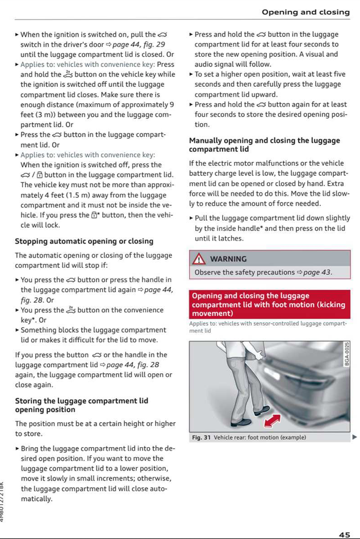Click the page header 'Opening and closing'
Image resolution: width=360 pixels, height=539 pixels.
click(x=305, y=12)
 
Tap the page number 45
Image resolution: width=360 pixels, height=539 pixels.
click(x=345, y=534)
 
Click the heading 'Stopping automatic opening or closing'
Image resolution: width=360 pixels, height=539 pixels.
click(x=84, y=241)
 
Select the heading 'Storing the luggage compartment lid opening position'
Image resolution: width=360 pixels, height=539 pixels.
click(x=81, y=405)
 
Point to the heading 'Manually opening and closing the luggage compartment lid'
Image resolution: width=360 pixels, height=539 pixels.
click(x=264, y=145)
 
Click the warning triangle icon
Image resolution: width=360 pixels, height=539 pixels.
click(x=199, y=259)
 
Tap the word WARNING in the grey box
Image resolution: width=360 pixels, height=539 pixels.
click(x=228, y=259)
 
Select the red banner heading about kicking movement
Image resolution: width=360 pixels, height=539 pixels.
click(x=269, y=305)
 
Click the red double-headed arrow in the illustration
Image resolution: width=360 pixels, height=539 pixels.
click(x=273, y=420)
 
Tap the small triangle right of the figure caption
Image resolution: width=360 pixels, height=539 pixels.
click(x=354, y=437)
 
